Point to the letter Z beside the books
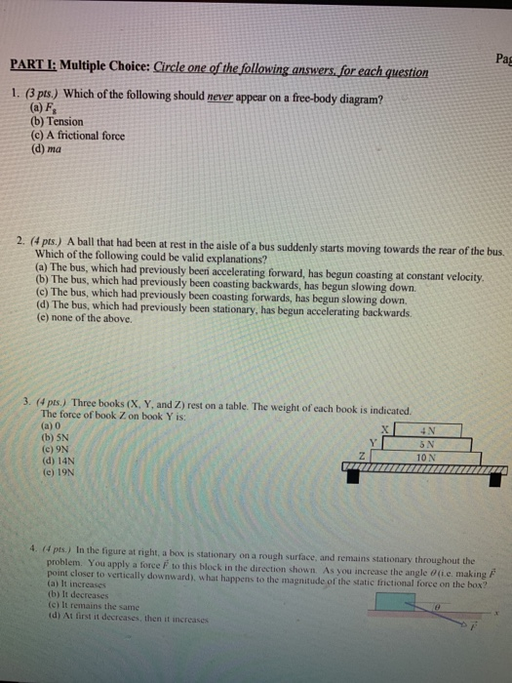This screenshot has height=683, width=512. pos(362,456)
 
